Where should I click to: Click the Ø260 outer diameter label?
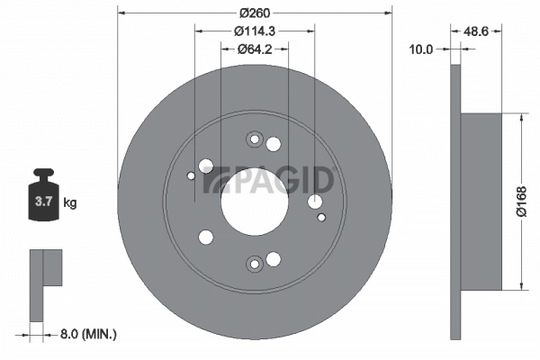255,13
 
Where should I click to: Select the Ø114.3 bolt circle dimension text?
255,31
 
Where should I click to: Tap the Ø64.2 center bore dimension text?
255,49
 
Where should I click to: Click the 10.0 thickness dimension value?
421,49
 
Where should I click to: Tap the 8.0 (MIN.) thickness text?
86,334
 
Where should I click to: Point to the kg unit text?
70,202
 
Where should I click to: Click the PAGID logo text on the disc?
270,180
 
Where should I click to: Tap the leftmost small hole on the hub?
190,176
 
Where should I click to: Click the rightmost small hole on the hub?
321,216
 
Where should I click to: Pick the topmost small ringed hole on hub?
253,139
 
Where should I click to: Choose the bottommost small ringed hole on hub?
254,263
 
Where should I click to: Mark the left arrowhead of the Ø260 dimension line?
122,13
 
